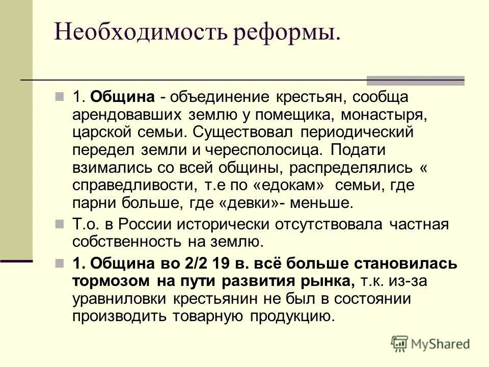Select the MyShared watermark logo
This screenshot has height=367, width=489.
pyautogui.click(x=430, y=343)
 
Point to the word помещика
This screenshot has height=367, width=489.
pyautogui.click(x=288, y=114)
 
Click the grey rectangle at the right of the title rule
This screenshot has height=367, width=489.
pyautogui.click(x=416, y=80)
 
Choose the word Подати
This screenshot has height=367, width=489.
pyautogui.click(x=358, y=150)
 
